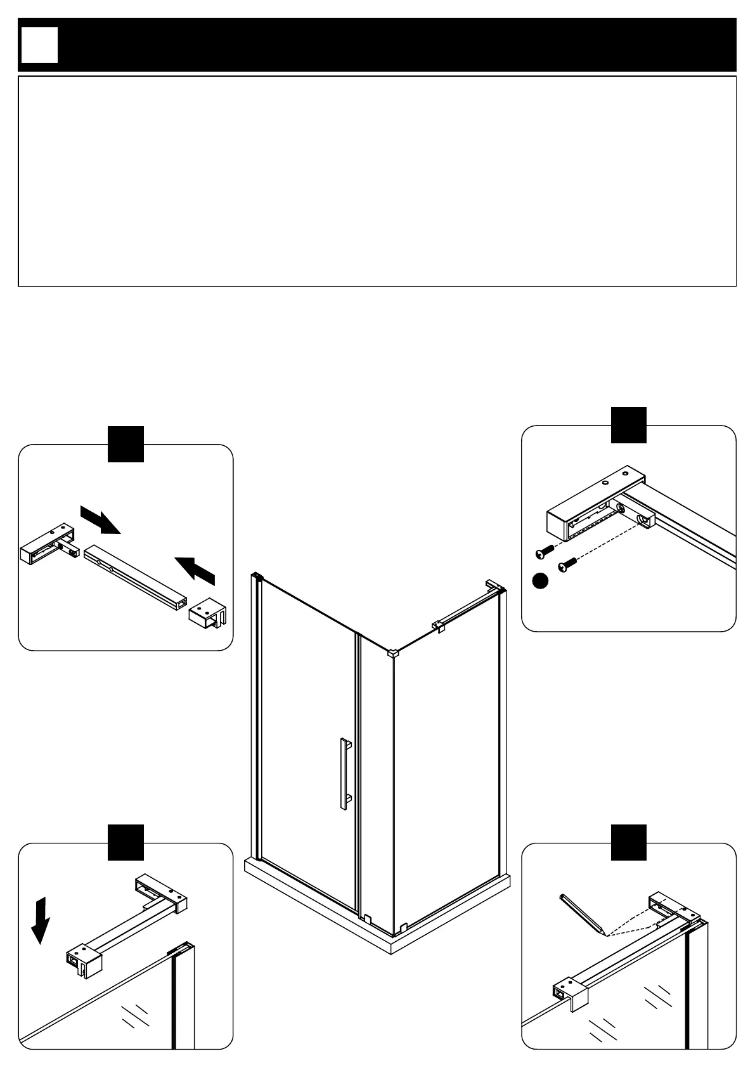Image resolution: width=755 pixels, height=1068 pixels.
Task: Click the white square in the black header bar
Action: pyautogui.click(x=39, y=45)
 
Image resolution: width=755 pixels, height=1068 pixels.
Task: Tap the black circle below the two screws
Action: pyautogui.click(x=539, y=580)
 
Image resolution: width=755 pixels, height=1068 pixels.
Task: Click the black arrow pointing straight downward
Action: pyautogui.click(x=40, y=919)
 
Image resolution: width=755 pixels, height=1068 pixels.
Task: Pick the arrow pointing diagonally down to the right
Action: pyautogui.click(x=100, y=519)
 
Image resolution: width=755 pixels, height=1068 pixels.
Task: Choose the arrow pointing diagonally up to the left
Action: pyautogui.click(x=195, y=568)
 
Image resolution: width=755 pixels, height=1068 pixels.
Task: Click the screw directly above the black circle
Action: pyautogui.click(x=543, y=552)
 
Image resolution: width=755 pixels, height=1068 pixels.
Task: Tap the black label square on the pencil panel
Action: pyautogui.click(x=628, y=842)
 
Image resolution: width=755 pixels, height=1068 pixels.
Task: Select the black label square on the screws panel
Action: pyautogui.click(x=628, y=424)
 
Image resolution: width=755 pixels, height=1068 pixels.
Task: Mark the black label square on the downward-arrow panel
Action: pyautogui.click(x=126, y=842)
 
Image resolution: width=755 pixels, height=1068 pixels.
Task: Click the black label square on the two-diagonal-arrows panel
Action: pyautogui.click(x=126, y=443)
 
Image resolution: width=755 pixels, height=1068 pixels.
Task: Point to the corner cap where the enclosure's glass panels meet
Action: pyautogui.click(x=392, y=652)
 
